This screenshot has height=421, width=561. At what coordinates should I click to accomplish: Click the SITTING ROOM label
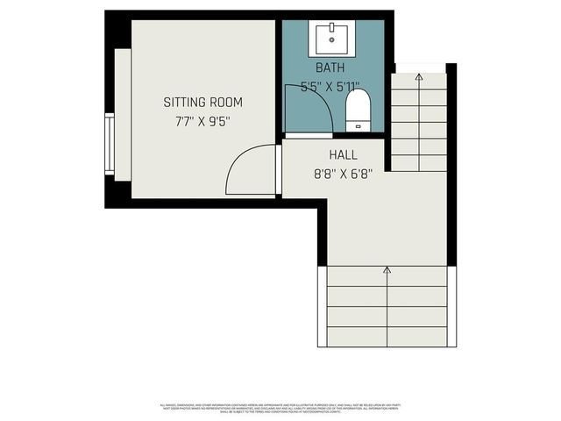202,103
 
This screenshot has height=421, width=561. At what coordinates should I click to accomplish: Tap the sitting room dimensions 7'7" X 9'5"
202,122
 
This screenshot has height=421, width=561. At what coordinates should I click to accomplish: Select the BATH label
330,68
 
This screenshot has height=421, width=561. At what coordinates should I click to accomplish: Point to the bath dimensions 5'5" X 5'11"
330,86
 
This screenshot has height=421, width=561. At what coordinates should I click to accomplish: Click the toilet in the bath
358,111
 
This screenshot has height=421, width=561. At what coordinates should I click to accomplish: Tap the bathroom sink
331,39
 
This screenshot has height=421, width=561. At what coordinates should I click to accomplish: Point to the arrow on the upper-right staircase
419,78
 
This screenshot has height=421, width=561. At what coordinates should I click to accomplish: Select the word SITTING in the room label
183,103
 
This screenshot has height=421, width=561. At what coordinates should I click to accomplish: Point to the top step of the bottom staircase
387,277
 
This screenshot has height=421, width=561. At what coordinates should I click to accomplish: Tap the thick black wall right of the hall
451,167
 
